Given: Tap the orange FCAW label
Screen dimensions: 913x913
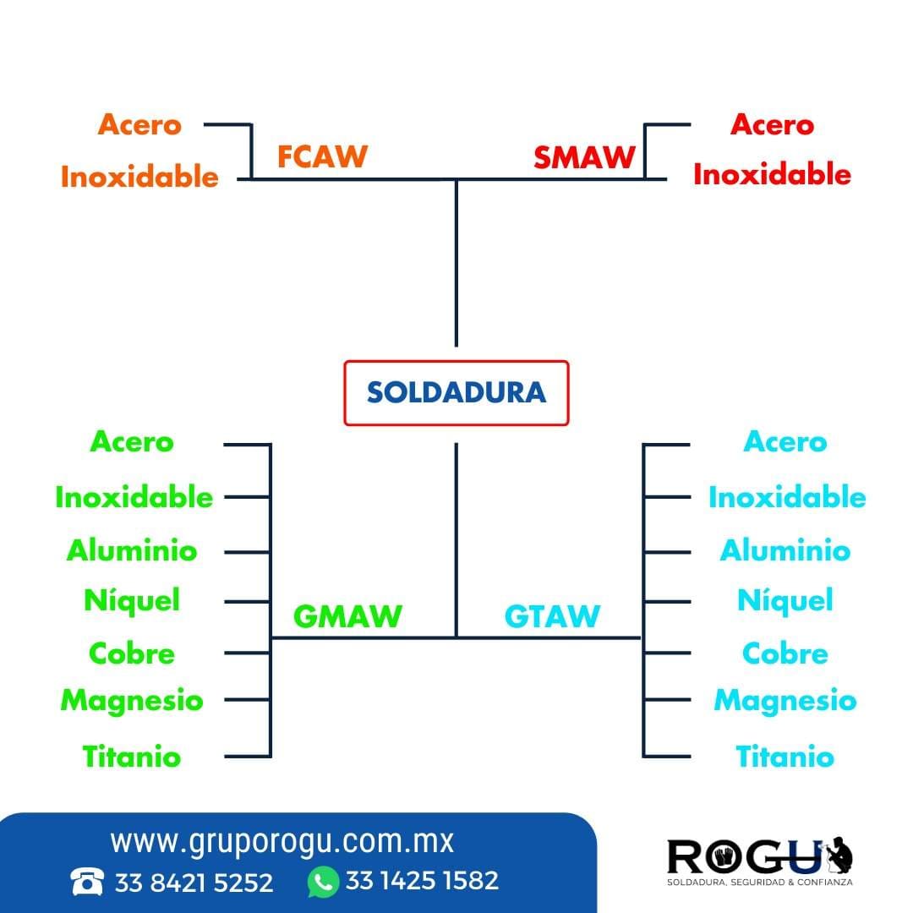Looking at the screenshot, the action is click(322, 156).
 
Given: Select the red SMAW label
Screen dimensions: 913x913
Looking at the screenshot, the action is click(584, 157).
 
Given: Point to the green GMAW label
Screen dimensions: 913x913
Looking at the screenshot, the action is click(347, 616).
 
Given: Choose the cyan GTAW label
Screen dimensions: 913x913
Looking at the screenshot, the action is click(552, 616).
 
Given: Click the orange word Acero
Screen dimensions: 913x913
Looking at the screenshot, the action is click(139, 124).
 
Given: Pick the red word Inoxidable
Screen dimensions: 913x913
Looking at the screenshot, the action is click(772, 174).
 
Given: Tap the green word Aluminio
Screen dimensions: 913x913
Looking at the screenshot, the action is click(132, 550).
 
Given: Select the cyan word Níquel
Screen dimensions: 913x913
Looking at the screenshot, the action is click(785, 600).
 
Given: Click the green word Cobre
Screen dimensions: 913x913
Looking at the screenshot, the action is click(132, 653).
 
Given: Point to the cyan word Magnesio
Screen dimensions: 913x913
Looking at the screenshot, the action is click(785, 701).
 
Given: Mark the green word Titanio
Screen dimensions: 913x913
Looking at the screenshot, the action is click(132, 757).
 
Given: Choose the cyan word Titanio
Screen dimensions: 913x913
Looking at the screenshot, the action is click(785, 757).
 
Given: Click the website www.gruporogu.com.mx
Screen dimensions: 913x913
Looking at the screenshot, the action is click(282, 841).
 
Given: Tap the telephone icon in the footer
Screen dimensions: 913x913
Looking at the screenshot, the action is click(87, 882).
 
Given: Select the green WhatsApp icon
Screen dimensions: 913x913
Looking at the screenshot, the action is click(323, 882).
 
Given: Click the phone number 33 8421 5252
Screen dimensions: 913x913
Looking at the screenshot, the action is click(194, 883).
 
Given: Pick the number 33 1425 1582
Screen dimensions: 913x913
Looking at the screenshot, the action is click(422, 880).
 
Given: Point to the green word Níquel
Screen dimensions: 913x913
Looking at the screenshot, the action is click(132, 600).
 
